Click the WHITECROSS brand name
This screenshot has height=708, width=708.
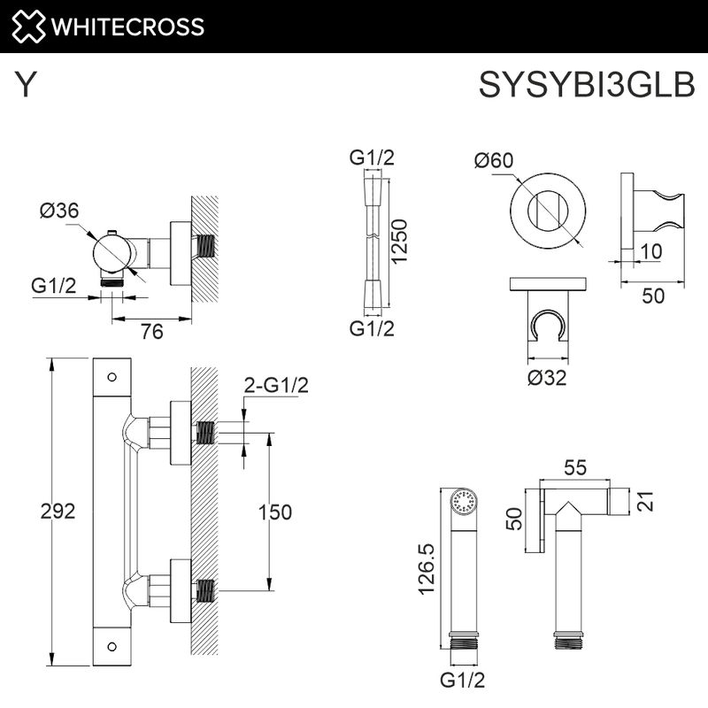128,26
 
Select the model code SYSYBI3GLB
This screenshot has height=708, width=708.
587,87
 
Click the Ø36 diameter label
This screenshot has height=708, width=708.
59,211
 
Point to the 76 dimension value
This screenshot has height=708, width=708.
152,331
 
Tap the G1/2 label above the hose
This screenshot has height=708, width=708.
372,158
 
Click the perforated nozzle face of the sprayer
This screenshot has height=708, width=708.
461,502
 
